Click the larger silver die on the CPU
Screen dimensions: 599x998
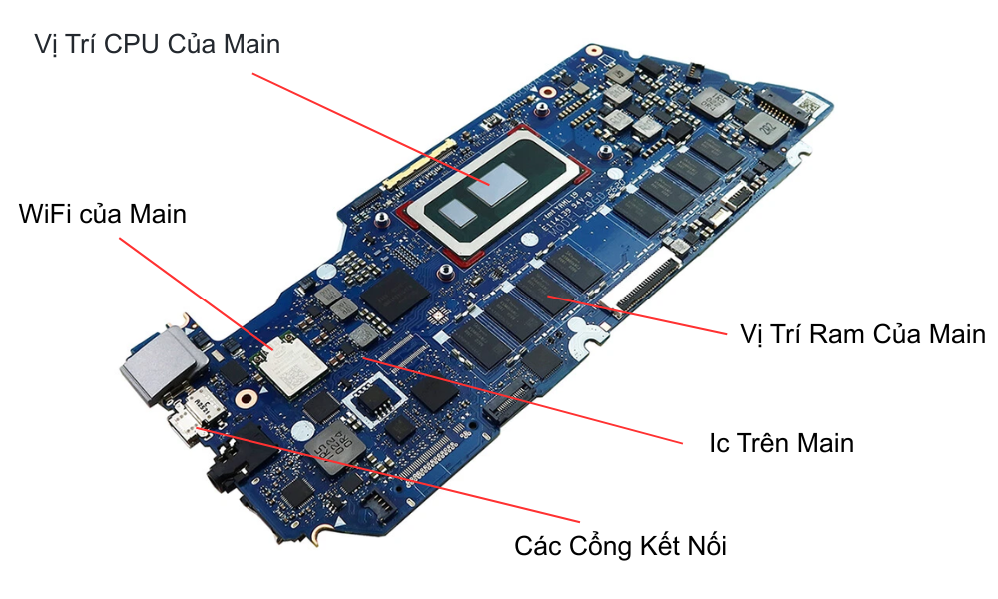(x=495, y=178)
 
